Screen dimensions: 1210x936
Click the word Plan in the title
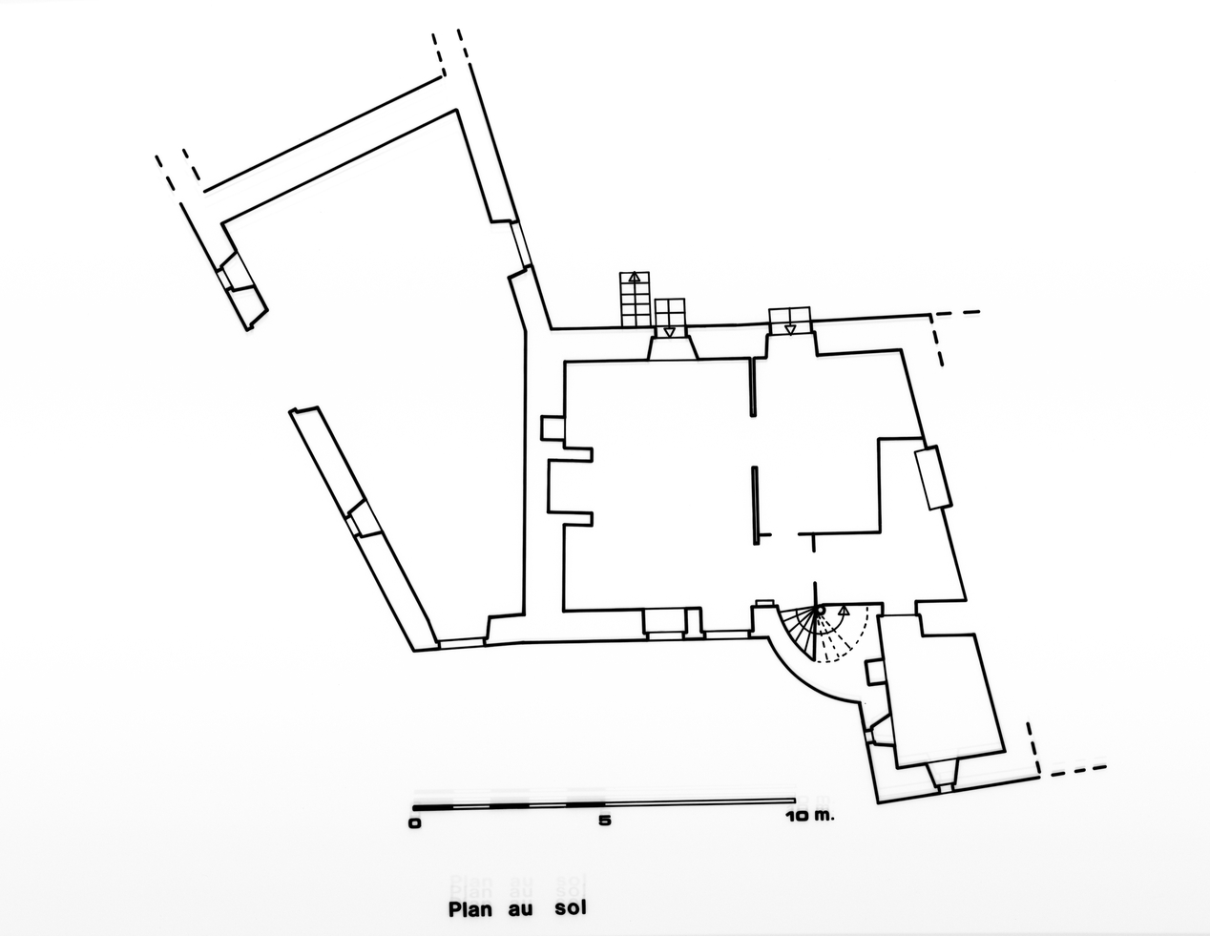[x=470, y=909]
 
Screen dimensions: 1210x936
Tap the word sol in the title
[x=571, y=908]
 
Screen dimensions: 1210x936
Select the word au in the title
[x=521, y=911]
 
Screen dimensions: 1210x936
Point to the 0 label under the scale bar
[x=414, y=823]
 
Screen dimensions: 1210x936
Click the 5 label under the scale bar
[x=605, y=821]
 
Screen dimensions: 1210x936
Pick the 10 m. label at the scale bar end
[x=810, y=817]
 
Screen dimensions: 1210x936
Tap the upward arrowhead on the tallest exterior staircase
[x=635, y=276]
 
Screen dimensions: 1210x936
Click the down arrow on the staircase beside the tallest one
[x=669, y=332]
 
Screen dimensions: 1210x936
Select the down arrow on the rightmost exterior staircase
[x=789, y=330]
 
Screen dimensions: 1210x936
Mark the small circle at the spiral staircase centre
[x=820, y=611]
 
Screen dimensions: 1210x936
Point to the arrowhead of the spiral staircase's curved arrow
[x=844, y=610]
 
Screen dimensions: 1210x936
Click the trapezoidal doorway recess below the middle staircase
[x=673, y=349]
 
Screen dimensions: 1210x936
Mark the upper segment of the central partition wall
[x=753, y=387]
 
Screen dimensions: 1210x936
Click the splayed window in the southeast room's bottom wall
[x=943, y=778]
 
